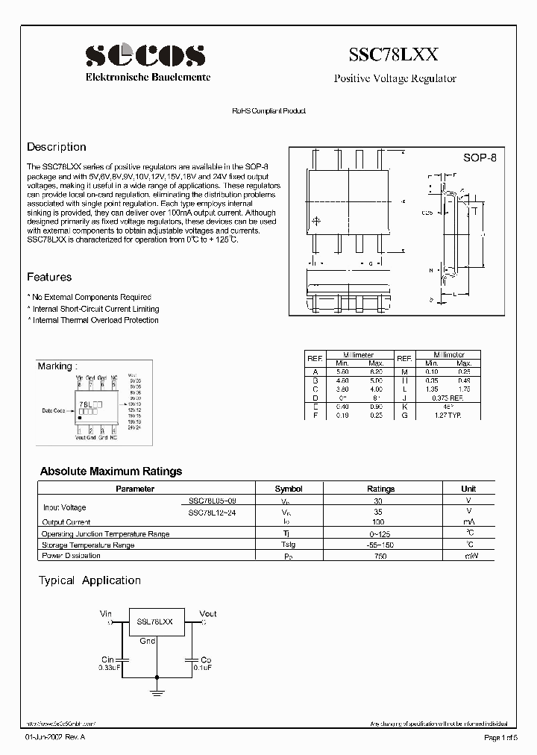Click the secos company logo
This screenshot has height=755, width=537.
pyautogui.click(x=145, y=55)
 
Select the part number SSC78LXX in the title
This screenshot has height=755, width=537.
pyautogui.click(x=395, y=54)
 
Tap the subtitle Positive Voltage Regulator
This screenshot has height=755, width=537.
pyautogui.click(x=395, y=78)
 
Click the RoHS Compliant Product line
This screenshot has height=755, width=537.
pyautogui.click(x=268, y=111)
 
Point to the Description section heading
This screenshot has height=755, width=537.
pyautogui.click(x=57, y=147)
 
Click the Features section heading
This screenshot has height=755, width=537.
pyautogui.click(x=49, y=277)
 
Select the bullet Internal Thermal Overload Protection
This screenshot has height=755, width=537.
pyautogui.click(x=94, y=320)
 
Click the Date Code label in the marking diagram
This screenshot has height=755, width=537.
pyautogui.click(x=54, y=411)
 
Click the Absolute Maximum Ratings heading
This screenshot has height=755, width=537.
pyautogui.click(x=110, y=472)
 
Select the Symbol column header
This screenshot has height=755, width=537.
pyautogui.click(x=289, y=489)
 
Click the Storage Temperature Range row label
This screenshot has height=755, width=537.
pyautogui.click(x=88, y=545)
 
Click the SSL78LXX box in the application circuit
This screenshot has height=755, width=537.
pyautogui.click(x=155, y=621)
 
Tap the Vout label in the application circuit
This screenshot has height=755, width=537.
pyautogui.click(x=208, y=613)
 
